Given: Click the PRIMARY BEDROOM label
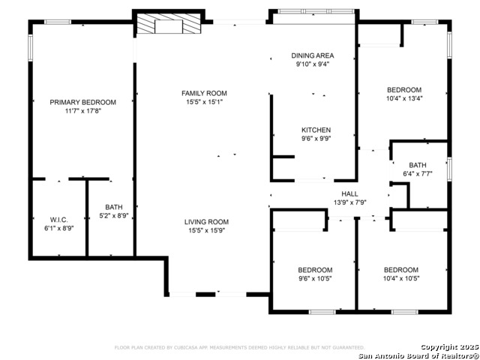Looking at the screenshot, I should tap(82, 102).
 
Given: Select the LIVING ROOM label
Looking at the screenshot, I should tap(206, 222).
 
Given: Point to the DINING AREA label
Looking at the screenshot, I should tap(313, 55).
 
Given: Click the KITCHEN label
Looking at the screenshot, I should tap(316, 130).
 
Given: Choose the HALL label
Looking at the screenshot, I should tap(349, 193).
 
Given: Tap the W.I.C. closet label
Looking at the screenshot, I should tap(59, 220).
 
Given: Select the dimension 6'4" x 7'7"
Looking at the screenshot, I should tap(418, 174).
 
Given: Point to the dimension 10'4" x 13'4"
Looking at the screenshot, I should tap(404, 98).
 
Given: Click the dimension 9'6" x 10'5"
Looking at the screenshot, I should tap(315, 278).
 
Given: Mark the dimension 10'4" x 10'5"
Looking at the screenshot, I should tap(401, 278).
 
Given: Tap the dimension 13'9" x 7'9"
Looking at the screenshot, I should tap(349, 202).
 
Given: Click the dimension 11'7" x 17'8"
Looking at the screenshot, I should tap(82, 111).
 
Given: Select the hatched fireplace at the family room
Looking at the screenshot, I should tap(169, 25).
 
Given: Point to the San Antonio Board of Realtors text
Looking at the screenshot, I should tap(417, 355).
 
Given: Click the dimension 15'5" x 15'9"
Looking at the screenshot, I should tap(206, 231).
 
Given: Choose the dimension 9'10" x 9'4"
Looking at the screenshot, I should tap(313, 64).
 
